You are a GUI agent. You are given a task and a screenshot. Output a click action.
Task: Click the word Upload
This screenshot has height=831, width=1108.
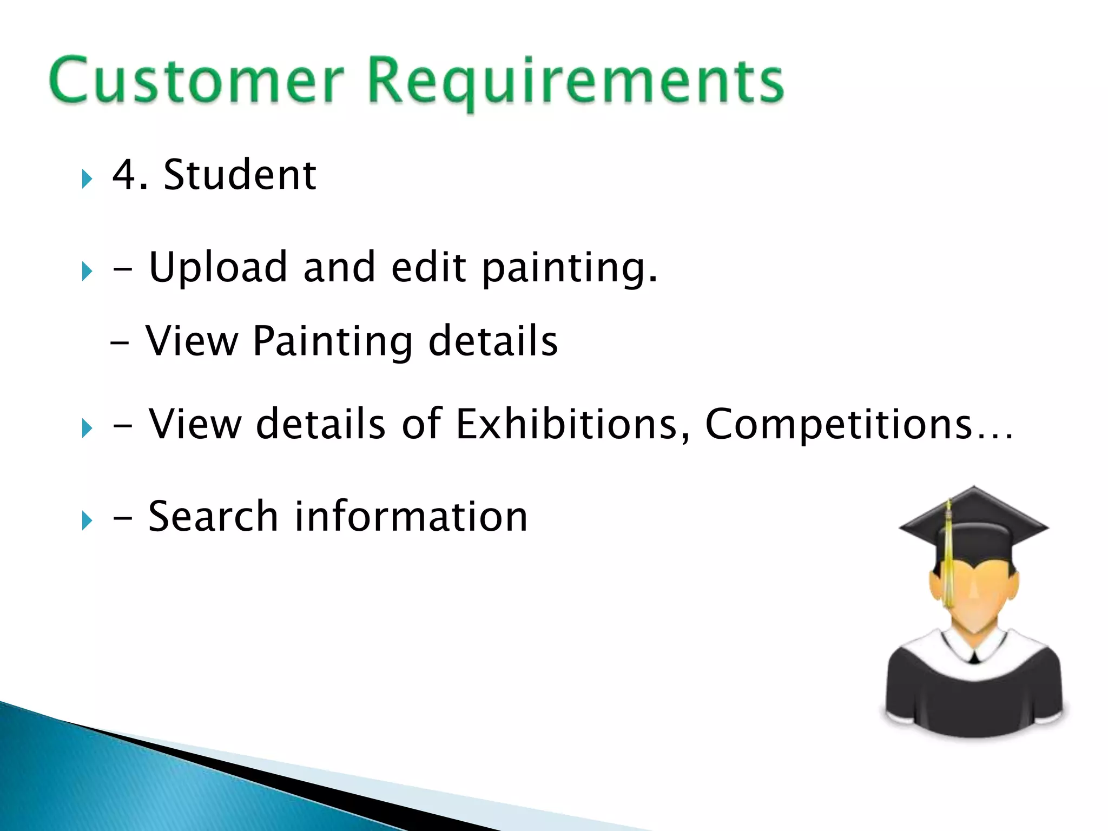pyautogui.click(x=217, y=268)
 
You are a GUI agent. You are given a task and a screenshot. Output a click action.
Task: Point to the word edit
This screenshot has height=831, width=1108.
pyautogui.click(x=428, y=267)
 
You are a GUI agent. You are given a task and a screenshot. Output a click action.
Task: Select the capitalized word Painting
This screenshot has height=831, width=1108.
pyautogui.click(x=333, y=342)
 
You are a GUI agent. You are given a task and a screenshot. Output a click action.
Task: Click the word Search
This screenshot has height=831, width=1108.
pyautogui.click(x=213, y=517)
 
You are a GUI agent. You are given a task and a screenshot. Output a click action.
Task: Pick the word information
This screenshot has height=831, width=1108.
pyautogui.click(x=411, y=517)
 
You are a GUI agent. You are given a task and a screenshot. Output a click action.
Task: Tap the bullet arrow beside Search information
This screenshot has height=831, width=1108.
pyautogui.click(x=87, y=520)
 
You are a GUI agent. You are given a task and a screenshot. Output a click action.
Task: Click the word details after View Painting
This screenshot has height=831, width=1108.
pyautogui.click(x=493, y=341)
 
